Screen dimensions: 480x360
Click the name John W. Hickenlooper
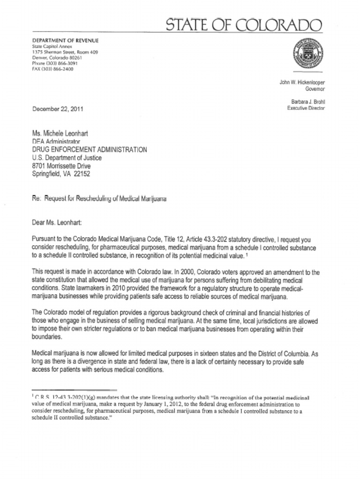pyautogui.click(x=302, y=82)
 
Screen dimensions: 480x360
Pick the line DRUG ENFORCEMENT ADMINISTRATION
pyautogui.click(x=89, y=150)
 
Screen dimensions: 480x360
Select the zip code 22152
pyautogui.click(x=82, y=174)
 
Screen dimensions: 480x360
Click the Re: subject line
pyautogui.click(x=99, y=198)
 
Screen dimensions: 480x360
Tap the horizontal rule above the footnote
pyautogui.click(x=74, y=390)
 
